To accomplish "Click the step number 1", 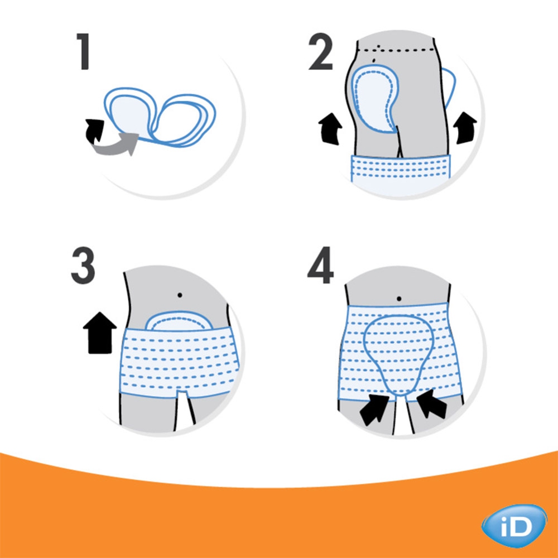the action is tap(83, 51).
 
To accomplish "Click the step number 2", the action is tap(321, 51).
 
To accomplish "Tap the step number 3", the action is tap(83, 266).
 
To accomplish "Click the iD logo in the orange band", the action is tap(514, 526).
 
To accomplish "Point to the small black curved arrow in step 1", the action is tap(94, 130).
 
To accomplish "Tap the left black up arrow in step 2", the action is tap(330, 129).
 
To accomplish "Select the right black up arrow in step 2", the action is tap(465, 128).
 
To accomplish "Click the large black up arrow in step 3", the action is tap(100, 333).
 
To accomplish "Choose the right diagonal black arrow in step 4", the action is tap(431, 404).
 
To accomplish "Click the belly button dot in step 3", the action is tap(180, 295).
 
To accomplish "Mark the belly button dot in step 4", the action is tap(399, 299).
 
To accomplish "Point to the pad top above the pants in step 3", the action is tap(179, 321).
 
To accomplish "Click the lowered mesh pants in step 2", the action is tap(401, 169).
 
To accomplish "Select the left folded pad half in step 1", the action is tap(130, 112).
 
